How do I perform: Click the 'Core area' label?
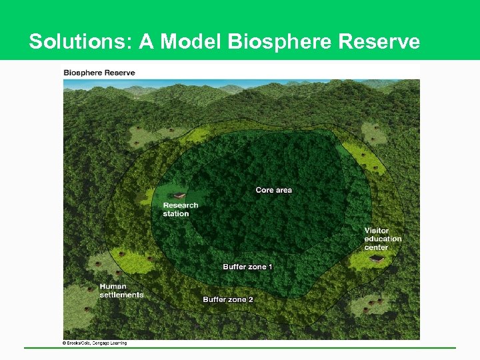(x=273, y=190)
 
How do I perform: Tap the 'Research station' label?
(x=180, y=209)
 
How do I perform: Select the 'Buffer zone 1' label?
(x=247, y=267)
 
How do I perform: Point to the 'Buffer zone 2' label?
(x=228, y=299)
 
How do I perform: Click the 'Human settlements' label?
(x=121, y=291)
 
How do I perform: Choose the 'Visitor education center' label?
(x=382, y=239)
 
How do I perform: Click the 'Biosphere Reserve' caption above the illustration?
(x=99, y=73)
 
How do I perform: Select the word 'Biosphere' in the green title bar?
(x=280, y=42)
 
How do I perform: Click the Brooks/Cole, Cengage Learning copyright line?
(x=94, y=343)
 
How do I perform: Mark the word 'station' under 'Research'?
(x=176, y=214)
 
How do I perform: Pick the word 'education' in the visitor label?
(x=383, y=239)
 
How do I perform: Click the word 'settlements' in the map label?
(x=121, y=295)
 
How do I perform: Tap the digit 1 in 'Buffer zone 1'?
(x=270, y=267)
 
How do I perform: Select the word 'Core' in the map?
(x=264, y=190)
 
